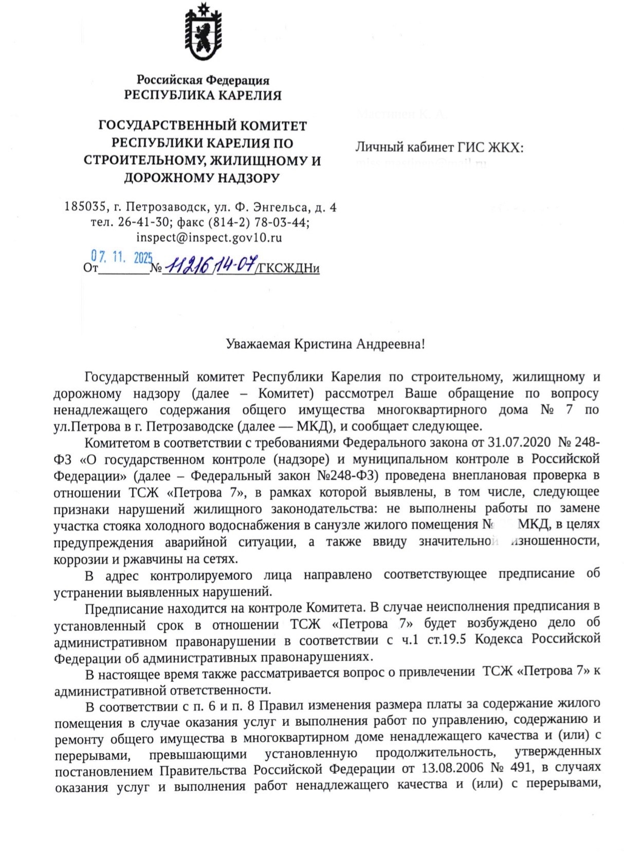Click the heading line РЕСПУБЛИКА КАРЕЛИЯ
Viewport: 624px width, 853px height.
point(203,95)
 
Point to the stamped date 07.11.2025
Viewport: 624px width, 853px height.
point(122,257)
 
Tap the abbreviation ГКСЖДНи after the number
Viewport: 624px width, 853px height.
point(288,268)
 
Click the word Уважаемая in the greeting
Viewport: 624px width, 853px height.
point(258,344)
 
